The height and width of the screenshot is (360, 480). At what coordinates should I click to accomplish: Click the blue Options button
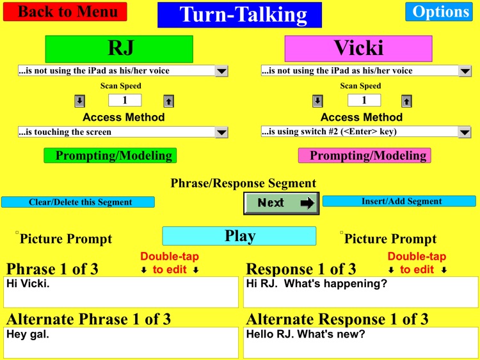tap(438, 12)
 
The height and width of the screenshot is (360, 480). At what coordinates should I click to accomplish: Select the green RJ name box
tap(118, 49)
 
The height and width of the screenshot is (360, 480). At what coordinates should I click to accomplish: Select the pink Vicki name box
tap(358, 49)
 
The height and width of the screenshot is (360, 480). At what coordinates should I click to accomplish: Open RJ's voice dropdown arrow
tap(221, 71)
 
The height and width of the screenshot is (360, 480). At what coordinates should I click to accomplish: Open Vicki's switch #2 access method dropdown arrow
tap(465, 132)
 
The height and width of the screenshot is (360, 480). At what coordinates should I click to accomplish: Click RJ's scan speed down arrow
tap(79, 100)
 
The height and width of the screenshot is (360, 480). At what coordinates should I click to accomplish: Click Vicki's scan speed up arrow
tap(406, 100)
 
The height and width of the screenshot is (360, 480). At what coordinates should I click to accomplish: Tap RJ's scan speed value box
tap(124, 100)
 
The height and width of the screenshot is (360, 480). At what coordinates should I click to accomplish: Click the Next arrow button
tap(280, 203)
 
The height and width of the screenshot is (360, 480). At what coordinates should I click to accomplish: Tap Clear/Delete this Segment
tap(78, 202)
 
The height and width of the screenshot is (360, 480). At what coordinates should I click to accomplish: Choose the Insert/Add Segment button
tap(399, 201)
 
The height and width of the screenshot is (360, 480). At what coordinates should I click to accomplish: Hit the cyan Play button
tap(239, 236)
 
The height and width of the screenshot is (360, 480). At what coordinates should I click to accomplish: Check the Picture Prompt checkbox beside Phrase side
tap(18, 233)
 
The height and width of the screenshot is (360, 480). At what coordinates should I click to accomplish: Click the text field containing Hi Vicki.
tap(121, 292)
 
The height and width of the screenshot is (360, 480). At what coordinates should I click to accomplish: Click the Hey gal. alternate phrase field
tap(121, 342)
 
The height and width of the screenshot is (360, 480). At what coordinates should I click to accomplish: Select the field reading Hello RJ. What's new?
tap(361, 342)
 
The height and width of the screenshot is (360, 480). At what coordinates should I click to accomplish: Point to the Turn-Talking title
tap(239, 15)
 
